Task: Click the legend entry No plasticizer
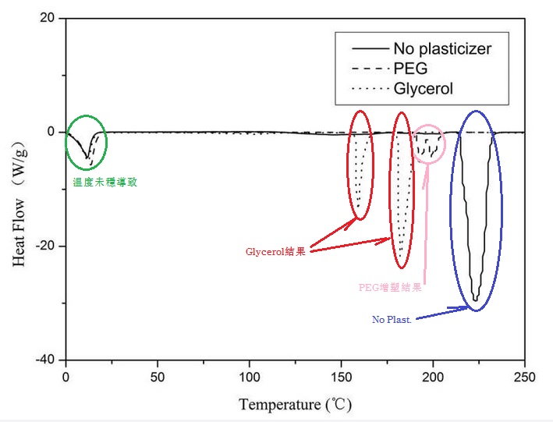click(442, 49)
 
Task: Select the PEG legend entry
click(410, 69)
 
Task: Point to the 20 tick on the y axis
click(46, 18)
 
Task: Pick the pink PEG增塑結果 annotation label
click(390, 287)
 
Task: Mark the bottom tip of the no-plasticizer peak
click(476, 300)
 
